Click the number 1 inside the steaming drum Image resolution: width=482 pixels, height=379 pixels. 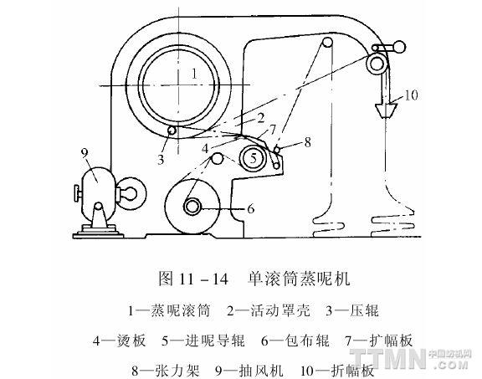(x=194, y=74)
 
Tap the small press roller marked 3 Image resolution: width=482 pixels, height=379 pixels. (x=172, y=131)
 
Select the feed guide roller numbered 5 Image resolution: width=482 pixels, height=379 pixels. (x=253, y=158)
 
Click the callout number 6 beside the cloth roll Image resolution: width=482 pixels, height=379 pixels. (x=251, y=208)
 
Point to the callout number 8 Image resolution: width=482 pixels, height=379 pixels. (x=307, y=142)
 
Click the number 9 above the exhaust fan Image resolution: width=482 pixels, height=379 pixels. (x=85, y=153)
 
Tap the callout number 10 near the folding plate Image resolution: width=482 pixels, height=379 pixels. (x=412, y=95)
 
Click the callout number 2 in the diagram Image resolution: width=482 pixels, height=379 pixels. (x=261, y=118)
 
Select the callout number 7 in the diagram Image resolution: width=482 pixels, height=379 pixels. (x=273, y=129)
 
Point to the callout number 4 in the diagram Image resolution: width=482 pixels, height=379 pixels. (x=205, y=149)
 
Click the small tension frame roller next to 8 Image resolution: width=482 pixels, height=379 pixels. (x=277, y=150)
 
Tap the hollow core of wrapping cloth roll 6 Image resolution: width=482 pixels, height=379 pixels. (x=192, y=207)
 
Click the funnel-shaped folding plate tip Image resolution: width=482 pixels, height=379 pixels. (x=386, y=110)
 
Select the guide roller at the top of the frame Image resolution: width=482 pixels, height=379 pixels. (x=327, y=42)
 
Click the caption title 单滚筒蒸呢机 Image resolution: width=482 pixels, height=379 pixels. (x=299, y=279)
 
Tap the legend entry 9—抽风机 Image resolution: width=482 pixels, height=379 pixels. (x=249, y=371)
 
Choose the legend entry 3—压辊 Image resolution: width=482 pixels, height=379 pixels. (x=352, y=310)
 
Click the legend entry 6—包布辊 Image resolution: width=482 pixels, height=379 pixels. (x=295, y=341)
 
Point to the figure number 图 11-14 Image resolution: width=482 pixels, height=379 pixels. (x=193, y=279)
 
